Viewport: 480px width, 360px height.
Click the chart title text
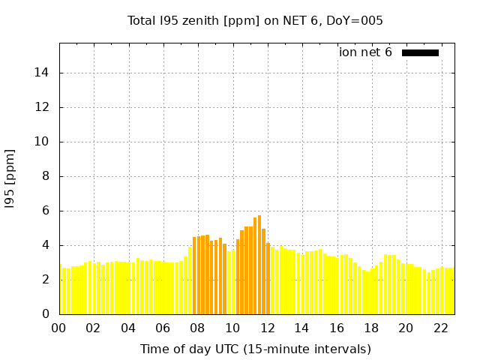[x=255, y=20]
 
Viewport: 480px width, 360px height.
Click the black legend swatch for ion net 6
[x=420, y=52]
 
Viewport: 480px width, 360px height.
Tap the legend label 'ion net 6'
[x=365, y=52]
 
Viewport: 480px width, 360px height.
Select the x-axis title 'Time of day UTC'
[x=255, y=349]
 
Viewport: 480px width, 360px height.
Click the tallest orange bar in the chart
[x=259, y=262]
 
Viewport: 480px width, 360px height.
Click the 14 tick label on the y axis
[x=43, y=73]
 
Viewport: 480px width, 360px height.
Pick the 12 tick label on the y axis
[x=43, y=107]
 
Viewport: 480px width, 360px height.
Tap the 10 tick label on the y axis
[x=43, y=142]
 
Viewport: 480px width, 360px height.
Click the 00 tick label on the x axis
[x=58, y=328]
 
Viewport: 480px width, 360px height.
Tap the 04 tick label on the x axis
[x=128, y=328]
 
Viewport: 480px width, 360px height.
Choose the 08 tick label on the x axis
[x=197, y=328]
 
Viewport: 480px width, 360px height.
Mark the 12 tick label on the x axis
[x=267, y=328]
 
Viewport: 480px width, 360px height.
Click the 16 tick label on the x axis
[x=337, y=328]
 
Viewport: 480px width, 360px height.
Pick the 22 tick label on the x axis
[x=440, y=328]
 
